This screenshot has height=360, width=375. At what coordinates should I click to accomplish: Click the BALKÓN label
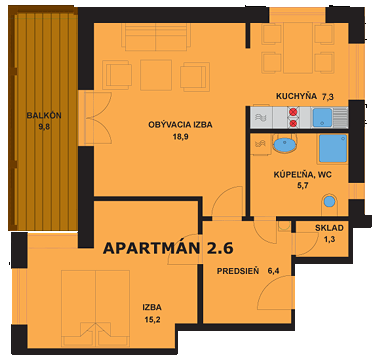[43, 115]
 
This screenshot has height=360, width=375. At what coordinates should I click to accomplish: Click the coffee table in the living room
[155, 73]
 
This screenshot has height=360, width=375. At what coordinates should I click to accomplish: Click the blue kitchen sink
[322, 117]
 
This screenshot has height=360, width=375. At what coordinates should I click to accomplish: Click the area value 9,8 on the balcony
[43, 127]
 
